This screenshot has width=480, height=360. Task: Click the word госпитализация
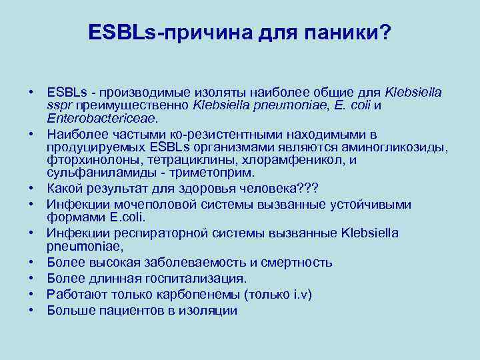tap(193, 278)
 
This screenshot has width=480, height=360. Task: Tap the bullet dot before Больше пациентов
tap(32, 310)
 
